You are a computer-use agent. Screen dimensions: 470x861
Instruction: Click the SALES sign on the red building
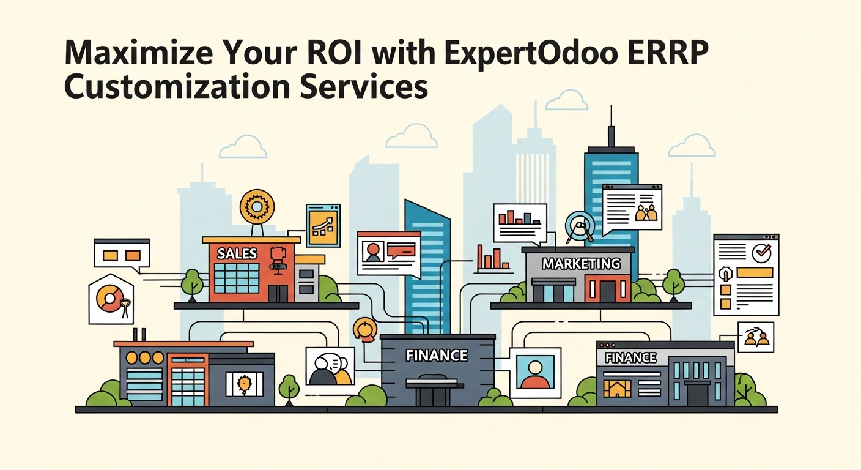(x=238, y=253)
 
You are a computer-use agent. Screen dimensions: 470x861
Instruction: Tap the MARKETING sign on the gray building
(x=581, y=264)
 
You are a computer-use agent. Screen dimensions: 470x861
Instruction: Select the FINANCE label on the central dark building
(x=437, y=355)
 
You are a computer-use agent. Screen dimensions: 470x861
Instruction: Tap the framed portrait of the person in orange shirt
(x=535, y=373)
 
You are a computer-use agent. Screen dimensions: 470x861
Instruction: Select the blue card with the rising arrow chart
(x=322, y=225)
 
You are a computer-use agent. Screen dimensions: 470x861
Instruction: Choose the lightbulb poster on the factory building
(x=244, y=384)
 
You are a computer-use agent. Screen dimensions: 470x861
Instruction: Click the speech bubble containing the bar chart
(x=519, y=222)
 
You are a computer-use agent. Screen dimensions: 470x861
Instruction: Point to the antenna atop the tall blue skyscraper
(x=610, y=125)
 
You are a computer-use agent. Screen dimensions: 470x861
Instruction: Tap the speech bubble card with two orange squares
(x=121, y=253)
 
